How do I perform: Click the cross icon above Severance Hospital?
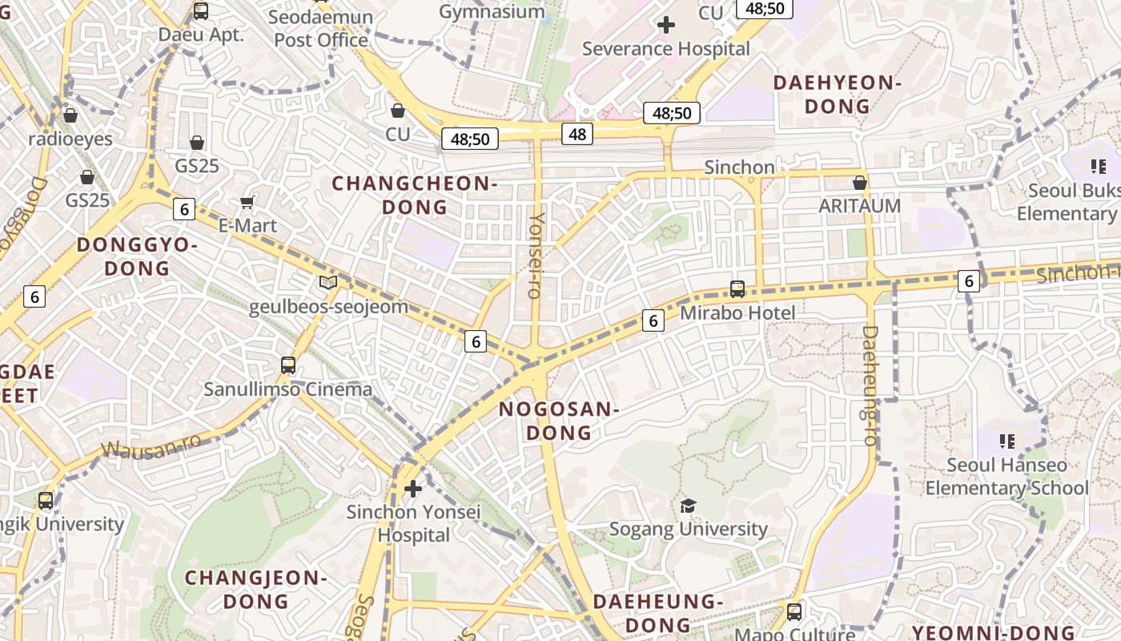coord(665,25)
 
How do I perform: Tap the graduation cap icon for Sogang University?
coord(688,506)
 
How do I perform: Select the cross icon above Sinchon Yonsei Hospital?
coord(413,488)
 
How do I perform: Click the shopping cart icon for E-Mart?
coord(247,203)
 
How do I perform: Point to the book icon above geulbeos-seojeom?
coord(328,282)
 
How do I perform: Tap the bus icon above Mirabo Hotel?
coord(737,289)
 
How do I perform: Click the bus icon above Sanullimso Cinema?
coord(288,365)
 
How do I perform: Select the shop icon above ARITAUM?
coord(860,183)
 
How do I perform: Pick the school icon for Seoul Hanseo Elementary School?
coord(1007,441)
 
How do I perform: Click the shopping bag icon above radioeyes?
coord(70,115)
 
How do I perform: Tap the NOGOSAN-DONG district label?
coord(559,421)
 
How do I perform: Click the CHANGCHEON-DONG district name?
coord(415,196)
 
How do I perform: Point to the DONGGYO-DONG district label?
coord(137,256)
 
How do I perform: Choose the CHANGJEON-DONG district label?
coord(255,589)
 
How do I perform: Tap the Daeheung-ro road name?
coord(870,385)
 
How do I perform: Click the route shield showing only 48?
coord(577,134)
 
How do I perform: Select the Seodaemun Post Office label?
coord(321,29)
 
